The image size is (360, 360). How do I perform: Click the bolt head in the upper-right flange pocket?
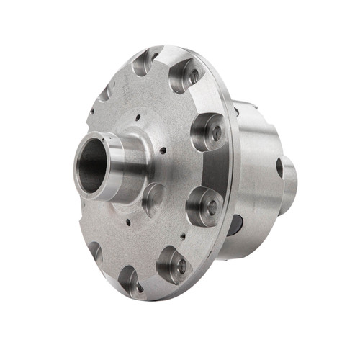[193, 75]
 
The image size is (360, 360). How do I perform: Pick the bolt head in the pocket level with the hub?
[216, 132]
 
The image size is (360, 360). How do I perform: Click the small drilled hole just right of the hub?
[163, 150]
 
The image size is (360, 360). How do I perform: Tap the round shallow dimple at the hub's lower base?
[153, 198]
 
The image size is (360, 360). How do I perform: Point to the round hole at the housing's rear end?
[279, 168]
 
